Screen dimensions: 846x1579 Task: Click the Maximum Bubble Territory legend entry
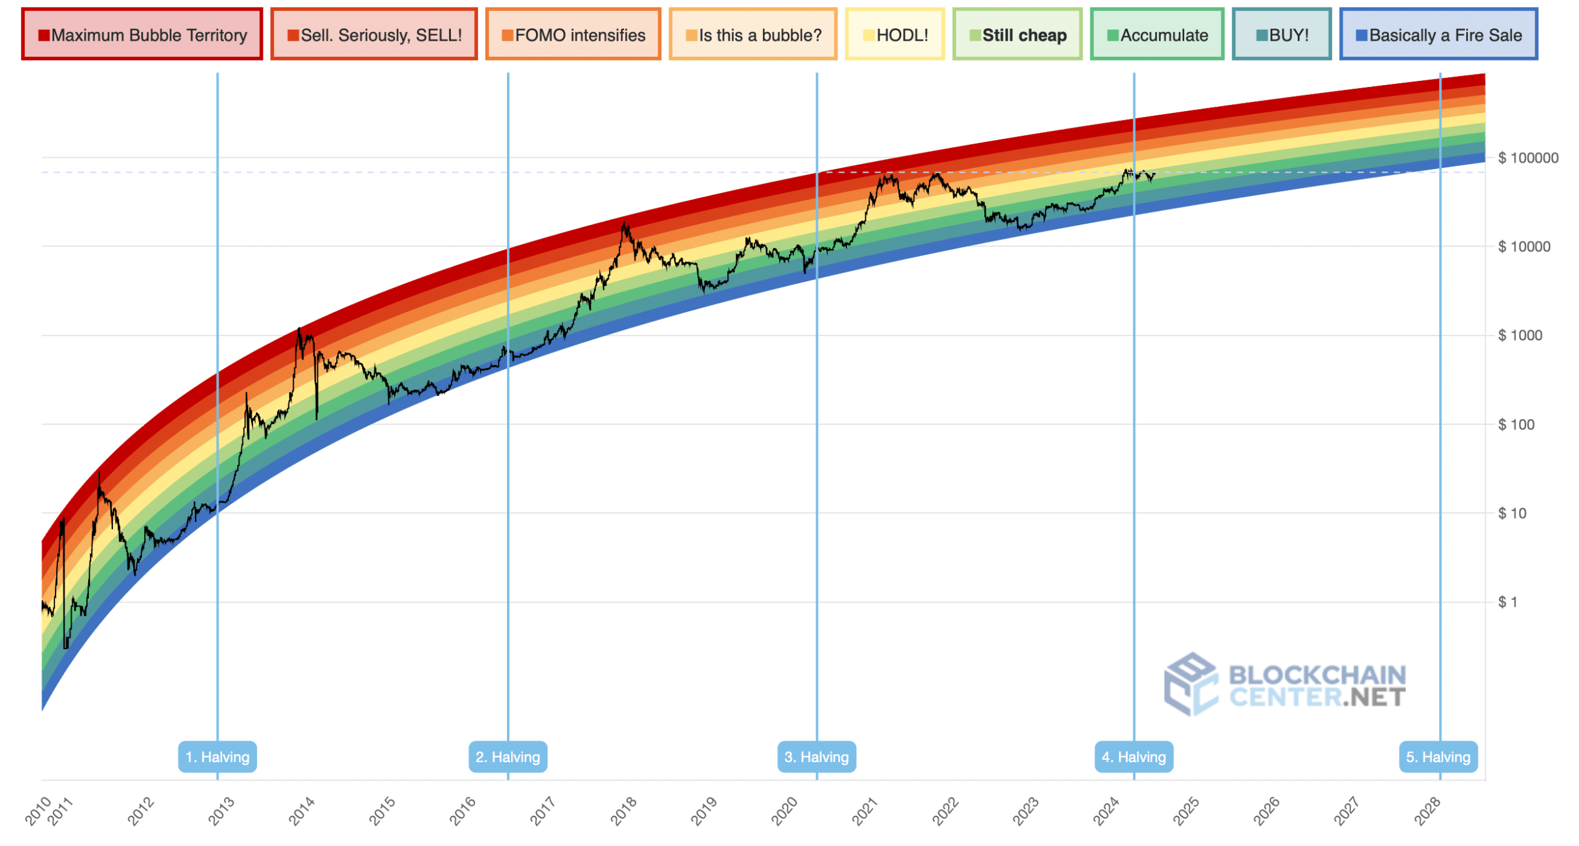pyautogui.click(x=142, y=35)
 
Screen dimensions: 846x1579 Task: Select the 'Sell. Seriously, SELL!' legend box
pyautogui.click(x=374, y=35)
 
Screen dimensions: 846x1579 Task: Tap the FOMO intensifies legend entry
pyautogui.click(x=573, y=35)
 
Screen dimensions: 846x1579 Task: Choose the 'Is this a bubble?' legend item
pyautogui.click(x=753, y=35)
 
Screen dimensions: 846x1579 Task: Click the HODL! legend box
pyautogui.click(x=894, y=35)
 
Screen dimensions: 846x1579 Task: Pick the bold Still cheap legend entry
pyautogui.click(x=1017, y=35)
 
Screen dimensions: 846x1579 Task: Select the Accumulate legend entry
pyautogui.click(x=1156, y=35)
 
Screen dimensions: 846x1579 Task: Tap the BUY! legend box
pyautogui.click(x=1282, y=35)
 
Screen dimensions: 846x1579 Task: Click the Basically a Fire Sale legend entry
pyautogui.click(x=1438, y=35)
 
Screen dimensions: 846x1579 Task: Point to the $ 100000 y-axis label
pyautogui.click(x=1528, y=158)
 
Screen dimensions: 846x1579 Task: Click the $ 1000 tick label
pyautogui.click(x=1520, y=336)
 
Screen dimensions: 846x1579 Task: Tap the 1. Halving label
pyautogui.click(x=217, y=757)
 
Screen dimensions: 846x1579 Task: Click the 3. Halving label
pyautogui.click(x=816, y=757)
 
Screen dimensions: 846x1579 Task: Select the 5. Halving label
pyautogui.click(x=1438, y=757)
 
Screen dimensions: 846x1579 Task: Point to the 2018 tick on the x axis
pyautogui.click(x=623, y=811)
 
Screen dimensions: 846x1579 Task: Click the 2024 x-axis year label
pyautogui.click(x=1105, y=811)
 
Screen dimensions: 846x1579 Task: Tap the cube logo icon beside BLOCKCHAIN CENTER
pyautogui.click(x=1189, y=684)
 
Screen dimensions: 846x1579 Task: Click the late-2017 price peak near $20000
pyautogui.click(x=625, y=224)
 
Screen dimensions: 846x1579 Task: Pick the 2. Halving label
pyautogui.click(x=508, y=757)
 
